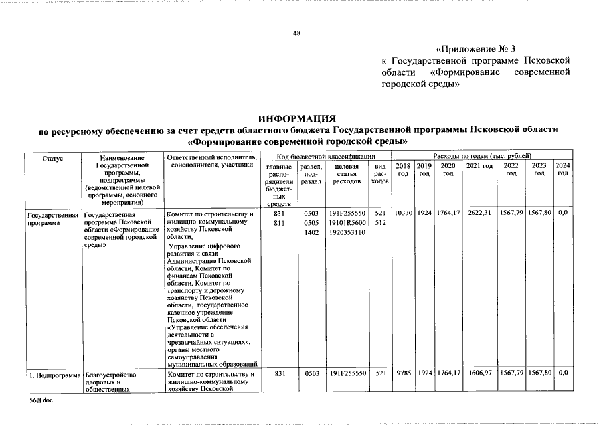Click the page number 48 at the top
coord(297,33)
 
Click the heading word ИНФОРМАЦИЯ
coord(298,118)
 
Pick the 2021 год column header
coord(479,165)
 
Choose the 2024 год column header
coord(562,169)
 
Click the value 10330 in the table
coord(403,214)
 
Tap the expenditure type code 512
coord(380,224)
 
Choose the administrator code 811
coord(279,224)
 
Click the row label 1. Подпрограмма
coord(53,375)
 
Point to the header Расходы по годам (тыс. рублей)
coord(481,155)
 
